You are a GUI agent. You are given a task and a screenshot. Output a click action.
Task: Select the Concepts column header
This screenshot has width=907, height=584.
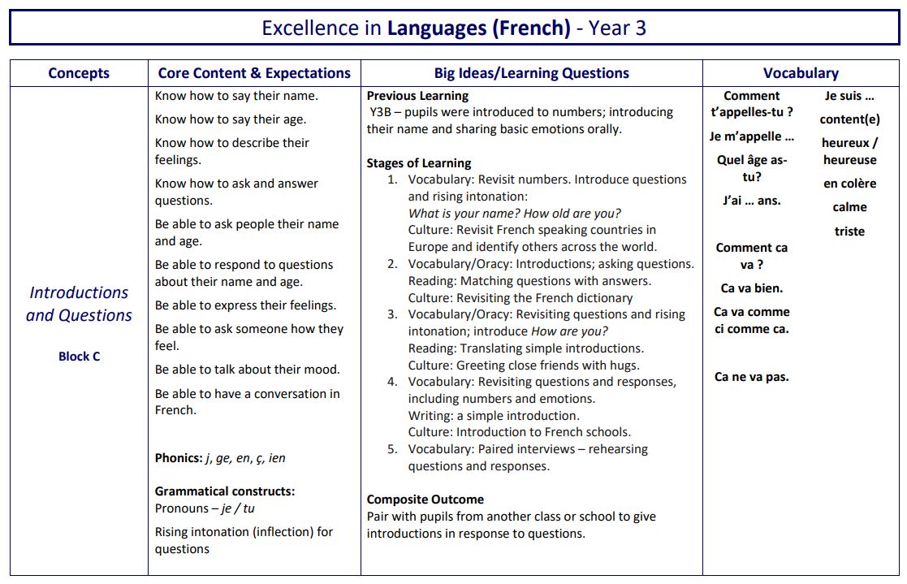coord(79,73)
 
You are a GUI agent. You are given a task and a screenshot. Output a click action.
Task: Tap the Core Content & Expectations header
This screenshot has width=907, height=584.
coord(254,73)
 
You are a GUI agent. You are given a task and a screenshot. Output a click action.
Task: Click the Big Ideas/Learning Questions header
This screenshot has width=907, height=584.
coord(531,73)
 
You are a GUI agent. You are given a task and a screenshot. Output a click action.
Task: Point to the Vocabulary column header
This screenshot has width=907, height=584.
coord(801,73)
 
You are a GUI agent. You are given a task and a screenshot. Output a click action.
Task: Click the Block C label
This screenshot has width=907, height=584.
coord(79,356)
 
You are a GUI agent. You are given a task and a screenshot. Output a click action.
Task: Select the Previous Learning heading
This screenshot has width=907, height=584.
coord(417,96)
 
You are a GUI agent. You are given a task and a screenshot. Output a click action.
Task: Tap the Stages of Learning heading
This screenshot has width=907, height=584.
coord(418,162)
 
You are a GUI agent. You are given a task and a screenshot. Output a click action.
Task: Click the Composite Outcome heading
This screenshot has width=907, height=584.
coord(425,500)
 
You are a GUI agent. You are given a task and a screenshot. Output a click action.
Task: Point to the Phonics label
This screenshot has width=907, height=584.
coord(178,458)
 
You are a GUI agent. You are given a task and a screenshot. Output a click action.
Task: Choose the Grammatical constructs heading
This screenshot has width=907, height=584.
coord(225,491)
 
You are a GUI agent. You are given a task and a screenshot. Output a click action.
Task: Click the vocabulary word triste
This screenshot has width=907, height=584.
coord(849,231)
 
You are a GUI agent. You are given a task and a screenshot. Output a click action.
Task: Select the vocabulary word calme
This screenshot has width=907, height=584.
coord(849,207)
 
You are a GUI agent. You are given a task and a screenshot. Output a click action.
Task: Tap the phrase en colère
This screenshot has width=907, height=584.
coord(849,184)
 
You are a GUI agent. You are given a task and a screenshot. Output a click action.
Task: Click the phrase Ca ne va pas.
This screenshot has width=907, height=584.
coord(751,377)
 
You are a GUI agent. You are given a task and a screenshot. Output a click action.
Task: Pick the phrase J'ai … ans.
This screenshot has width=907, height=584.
coord(751,201)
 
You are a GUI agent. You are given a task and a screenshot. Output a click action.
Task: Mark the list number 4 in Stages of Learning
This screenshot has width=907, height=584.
coord(392,382)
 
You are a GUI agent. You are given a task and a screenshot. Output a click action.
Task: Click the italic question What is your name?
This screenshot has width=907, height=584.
coord(464,214)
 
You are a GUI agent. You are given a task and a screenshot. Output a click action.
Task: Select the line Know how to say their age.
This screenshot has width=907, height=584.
coord(231,119)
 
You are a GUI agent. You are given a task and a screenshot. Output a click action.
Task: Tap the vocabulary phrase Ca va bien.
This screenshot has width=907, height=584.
coord(751,288)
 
